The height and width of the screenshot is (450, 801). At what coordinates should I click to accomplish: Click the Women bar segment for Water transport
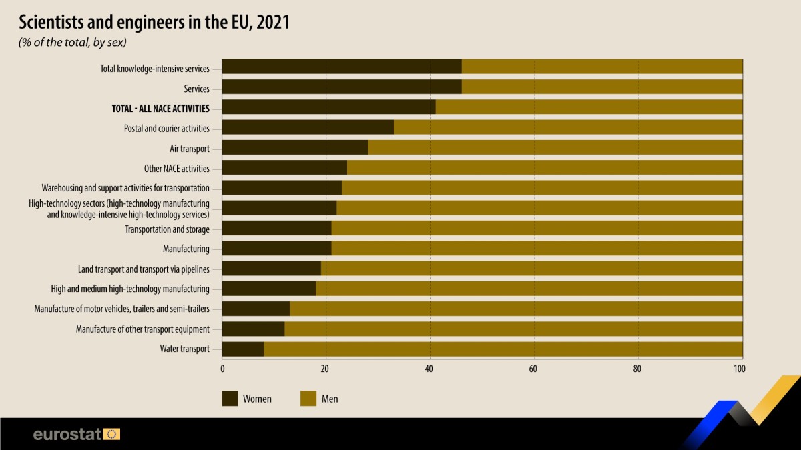click(x=243, y=349)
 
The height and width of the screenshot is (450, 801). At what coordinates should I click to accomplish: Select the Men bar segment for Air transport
click(x=555, y=147)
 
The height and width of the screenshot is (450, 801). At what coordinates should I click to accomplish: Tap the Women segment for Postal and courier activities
click(x=308, y=127)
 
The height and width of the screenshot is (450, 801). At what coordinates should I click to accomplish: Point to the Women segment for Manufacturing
click(x=276, y=249)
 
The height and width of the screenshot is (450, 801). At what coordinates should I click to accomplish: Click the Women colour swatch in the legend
click(x=230, y=399)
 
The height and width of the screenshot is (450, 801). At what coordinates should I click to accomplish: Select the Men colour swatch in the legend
click(x=308, y=399)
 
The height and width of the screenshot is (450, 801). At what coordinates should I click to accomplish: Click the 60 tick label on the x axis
click(x=534, y=368)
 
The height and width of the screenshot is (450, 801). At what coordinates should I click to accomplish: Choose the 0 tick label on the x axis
click(x=222, y=368)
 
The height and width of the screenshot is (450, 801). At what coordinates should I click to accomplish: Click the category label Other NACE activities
click(x=177, y=168)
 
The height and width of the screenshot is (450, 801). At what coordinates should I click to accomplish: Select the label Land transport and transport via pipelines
click(x=144, y=269)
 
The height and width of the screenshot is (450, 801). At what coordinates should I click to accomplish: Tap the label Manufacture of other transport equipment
click(x=143, y=329)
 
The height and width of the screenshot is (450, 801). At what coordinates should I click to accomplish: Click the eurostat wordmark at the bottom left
click(x=67, y=435)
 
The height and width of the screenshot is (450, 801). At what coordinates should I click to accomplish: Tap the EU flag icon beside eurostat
click(x=112, y=435)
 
